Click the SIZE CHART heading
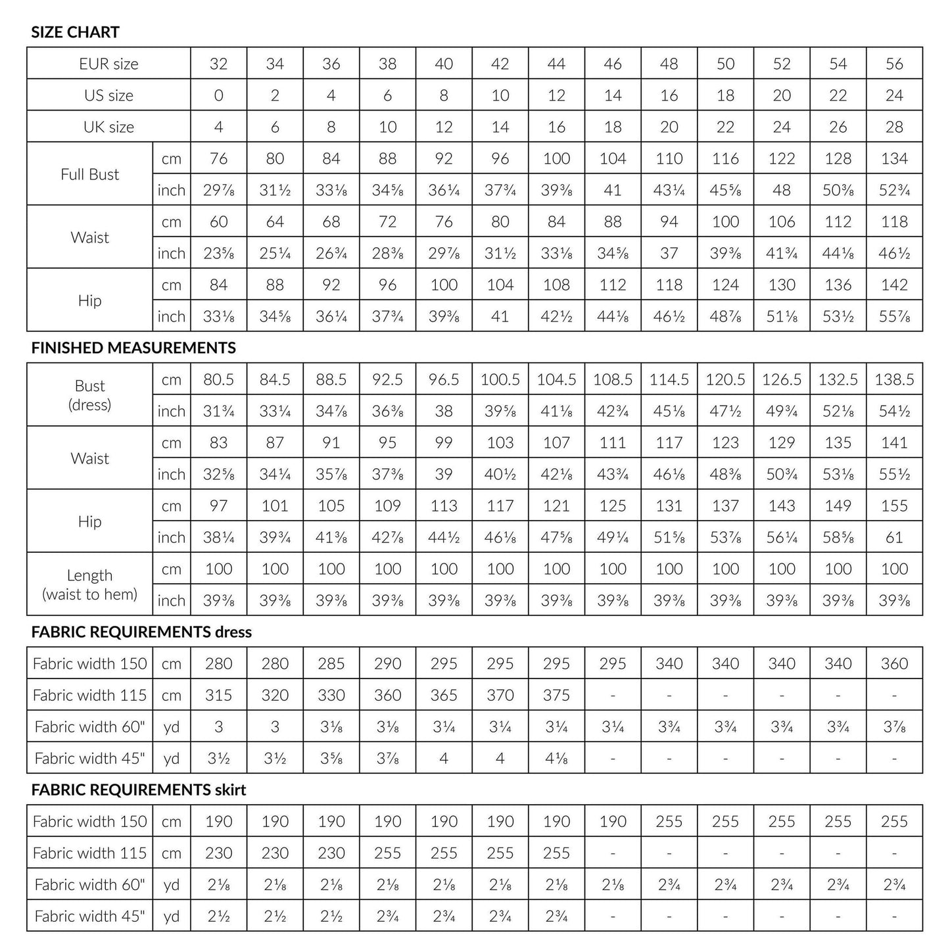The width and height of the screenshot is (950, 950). click(x=75, y=32)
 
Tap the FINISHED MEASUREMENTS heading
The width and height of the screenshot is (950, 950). click(x=133, y=348)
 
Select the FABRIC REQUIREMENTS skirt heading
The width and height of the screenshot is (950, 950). click(x=139, y=790)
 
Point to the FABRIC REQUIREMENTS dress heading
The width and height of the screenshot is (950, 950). click(x=141, y=632)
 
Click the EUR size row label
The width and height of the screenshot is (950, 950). click(x=108, y=64)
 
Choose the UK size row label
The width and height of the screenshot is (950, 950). click(x=108, y=127)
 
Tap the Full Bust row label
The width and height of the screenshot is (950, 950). click(x=90, y=174)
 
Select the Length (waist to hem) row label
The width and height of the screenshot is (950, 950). click(x=90, y=584)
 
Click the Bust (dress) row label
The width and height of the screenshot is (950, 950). click(x=90, y=395)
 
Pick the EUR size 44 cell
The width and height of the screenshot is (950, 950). click(x=556, y=64)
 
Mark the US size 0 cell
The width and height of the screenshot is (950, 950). click(x=218, y=95)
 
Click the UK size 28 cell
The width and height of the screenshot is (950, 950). click(x=894, y=127)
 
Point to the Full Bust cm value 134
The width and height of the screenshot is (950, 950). click(x=894, y=158)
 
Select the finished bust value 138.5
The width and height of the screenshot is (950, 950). click(x=894, y=379)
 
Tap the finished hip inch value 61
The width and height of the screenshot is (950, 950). click(x=894, y=537)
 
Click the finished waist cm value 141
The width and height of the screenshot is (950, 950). click(x=894, y=442)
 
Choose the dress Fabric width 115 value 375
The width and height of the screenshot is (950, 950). click(x=556, y=695)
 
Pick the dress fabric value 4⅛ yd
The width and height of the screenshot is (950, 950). click(x=556, y=758)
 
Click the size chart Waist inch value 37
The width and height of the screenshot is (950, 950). click(x=669, y=253)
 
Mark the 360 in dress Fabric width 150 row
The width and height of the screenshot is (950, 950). click(x=894, y=663)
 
